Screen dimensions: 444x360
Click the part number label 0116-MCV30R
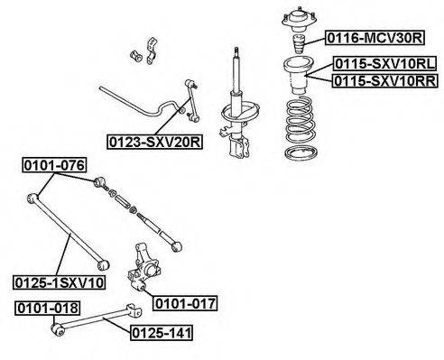coord(375,38)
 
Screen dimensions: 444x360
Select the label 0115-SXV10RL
coord(385,64)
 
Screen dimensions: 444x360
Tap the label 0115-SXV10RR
coord(385,80)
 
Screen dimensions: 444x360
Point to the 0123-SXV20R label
coord(155,142)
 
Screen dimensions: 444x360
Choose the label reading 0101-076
coord(54,165)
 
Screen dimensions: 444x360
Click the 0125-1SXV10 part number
coord(60,282)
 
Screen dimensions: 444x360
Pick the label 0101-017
coord(185,303)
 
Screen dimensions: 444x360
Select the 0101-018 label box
coord(48,309)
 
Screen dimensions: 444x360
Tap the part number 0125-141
coord(162,333)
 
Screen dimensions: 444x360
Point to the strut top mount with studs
coord(299,20)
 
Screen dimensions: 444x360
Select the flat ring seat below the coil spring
coord(301,152)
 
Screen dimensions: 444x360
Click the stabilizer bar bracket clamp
coord(152,51)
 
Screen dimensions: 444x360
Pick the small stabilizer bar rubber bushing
coord(135,56)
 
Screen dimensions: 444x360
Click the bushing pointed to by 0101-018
coord(58,329)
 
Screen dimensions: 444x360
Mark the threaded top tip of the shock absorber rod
coord(236,50)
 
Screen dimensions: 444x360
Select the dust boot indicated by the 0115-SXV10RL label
coord(299,76)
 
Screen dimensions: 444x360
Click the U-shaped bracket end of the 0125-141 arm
coord(134,310)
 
